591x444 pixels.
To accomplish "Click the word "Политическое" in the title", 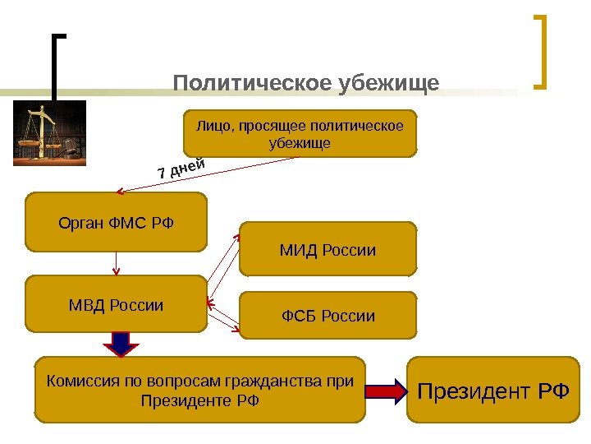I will point(251,84).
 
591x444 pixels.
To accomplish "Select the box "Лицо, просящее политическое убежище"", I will point(300,133).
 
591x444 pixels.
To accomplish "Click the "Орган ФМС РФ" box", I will point(116,222).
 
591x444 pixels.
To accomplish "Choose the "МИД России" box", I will point(328,249).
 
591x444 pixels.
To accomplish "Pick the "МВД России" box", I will point(116,304).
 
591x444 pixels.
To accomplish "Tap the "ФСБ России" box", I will point(328,316).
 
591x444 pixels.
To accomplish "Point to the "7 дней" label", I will point(180,169).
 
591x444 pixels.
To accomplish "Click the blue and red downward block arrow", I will point(121,344).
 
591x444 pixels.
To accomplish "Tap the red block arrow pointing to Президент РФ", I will point(386,390).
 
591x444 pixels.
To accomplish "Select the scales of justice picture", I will point(49,133).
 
